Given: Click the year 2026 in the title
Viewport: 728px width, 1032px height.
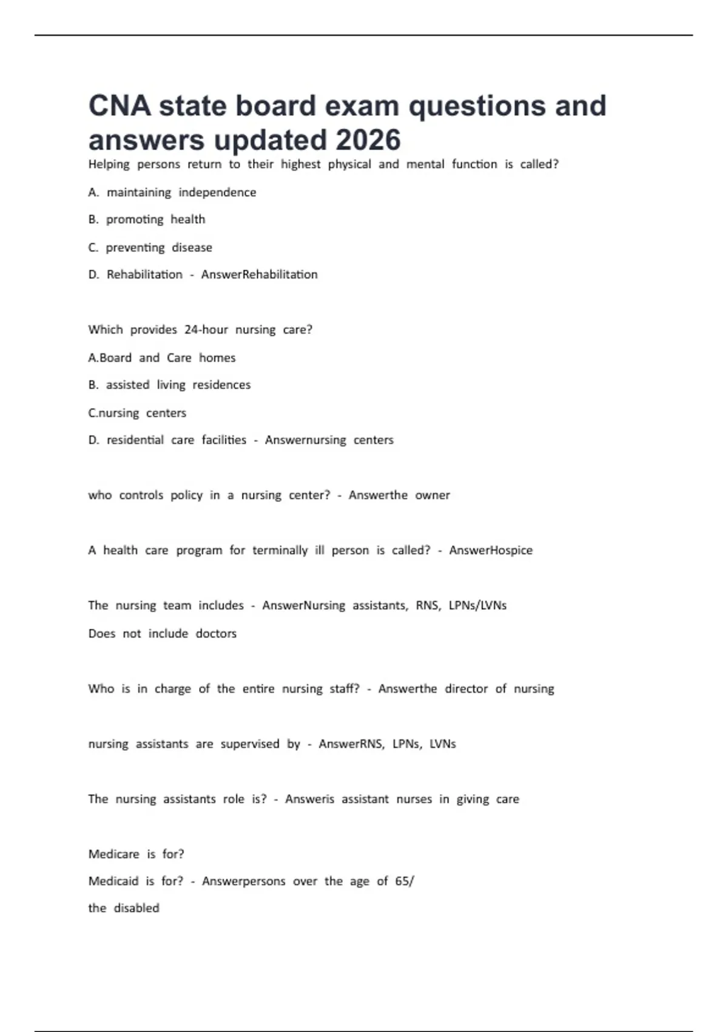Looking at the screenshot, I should pyautogui.click(x=368, y=140).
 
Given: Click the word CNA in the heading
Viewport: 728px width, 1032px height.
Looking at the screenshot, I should pyautogui.click(x=120, y=106).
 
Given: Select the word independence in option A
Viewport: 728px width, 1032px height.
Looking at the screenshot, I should pyautogui.click(x=217, y=192).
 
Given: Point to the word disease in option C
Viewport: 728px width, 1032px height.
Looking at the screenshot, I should pyautogui.click(x=192, y=248).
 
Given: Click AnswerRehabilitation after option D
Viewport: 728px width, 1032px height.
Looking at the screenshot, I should pyautogui.click(x=259, y=274).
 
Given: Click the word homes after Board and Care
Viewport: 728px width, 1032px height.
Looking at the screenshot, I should pyautogui.click(x=217, y=358).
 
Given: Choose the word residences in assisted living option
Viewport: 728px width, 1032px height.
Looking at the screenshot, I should pyautogui.click(x=221, y=385).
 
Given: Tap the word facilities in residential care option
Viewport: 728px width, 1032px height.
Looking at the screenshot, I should pyautogui.click(x=224, y=440).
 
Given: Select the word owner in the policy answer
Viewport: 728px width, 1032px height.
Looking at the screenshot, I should pyautogui.click(x=433, y=495).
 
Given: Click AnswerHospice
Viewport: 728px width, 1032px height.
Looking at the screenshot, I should pyautogui.click(x=491, y=550).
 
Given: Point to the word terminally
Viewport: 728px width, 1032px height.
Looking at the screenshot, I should pyautogui.click(x=280, y=550).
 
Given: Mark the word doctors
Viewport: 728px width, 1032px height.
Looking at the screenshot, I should pyautogui.click(x=216, y=633).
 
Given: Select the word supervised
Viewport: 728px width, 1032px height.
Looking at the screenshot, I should pyautogui.click(x=250, y=744).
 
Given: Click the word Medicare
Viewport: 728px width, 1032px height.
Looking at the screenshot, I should pyautogui.click(x=114, y=854).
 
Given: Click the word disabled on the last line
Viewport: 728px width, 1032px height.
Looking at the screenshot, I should pyautogui.click(x=136, y=908).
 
